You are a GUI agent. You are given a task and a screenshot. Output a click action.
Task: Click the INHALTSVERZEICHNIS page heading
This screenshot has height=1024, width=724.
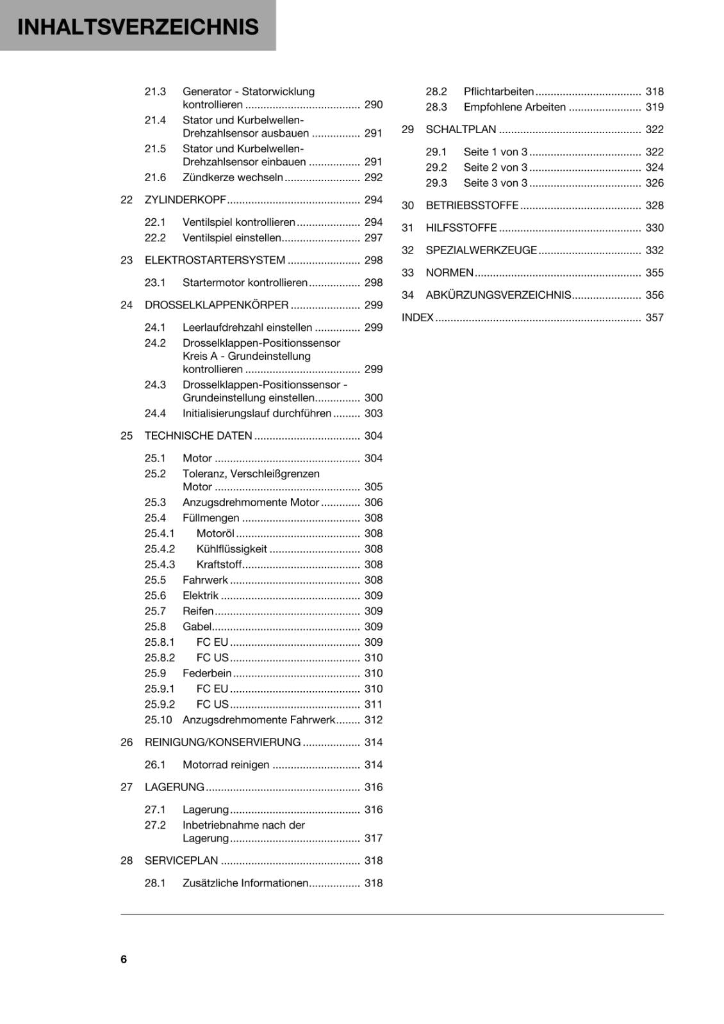click(x=138, y=27)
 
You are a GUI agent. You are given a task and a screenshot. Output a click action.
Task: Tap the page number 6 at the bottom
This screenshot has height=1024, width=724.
click(x=124, y=959)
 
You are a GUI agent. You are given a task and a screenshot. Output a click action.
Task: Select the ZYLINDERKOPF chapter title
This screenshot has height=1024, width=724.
click(x=185, y=200)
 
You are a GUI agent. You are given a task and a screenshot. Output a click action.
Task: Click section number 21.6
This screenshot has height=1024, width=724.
click(x=155, y=177)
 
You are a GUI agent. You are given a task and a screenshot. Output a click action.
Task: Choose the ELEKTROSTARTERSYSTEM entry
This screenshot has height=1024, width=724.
click(x=215, y=260)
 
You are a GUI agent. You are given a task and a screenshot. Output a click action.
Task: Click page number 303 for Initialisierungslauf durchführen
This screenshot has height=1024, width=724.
click(x=373, y=413)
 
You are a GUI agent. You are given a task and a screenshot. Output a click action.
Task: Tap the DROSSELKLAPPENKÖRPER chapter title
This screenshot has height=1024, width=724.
click(x=217, y=305)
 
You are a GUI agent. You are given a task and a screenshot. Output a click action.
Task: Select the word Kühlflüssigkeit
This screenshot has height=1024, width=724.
click(x=231, y=549)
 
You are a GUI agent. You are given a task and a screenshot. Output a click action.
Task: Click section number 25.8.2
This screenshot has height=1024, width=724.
click(x=160, y=657)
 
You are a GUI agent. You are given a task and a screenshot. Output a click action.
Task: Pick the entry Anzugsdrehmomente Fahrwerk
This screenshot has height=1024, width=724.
click(x=259, y=719)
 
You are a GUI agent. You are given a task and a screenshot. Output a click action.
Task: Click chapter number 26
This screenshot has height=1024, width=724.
click(x=127, y=742)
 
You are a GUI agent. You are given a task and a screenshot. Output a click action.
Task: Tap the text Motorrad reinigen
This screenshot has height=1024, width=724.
click(x=226, y=764)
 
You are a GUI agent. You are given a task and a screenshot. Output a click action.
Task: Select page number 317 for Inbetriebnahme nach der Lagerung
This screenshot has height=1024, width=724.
click(x=373, y=838)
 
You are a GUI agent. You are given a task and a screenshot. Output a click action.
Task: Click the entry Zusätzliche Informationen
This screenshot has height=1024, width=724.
click(x=245, y=883)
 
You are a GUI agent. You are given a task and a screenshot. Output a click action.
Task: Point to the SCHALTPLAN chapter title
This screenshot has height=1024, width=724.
click(x=461, y=129)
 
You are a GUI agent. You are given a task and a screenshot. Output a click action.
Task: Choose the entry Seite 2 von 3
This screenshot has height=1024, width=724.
click(x=495, y=167)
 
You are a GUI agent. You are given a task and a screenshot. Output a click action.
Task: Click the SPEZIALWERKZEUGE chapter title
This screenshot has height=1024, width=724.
click(x=481, y=250)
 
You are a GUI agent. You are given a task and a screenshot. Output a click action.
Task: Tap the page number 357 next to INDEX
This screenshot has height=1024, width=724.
click(x=654, y=317)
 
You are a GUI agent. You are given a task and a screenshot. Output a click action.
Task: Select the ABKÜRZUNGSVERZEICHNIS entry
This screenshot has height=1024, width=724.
click(x=498, y=295)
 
